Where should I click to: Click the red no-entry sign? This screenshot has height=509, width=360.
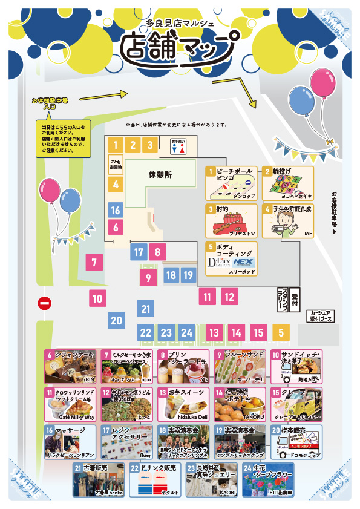pyautogui.click(x=44, y=303)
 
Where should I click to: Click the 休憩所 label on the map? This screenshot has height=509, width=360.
pyautogui.click(x=160, y=174)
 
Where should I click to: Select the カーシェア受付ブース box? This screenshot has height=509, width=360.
pyautogui.click(x=321, y=315)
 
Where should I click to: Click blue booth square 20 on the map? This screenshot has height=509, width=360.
pyautogui.click(x=117, y=321)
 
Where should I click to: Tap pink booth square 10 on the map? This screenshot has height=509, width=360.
pyautogui.click(x=97, y=298)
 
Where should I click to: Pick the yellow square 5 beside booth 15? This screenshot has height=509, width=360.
pyautogui.click(x=281, y=332)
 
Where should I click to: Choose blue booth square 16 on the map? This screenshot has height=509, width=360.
pyautogui.click(x=116, y=211)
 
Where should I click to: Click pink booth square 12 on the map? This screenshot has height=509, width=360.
pyautogui.click(x=229, y=297)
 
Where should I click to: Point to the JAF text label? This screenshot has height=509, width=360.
pyautogui.click(x=307, y=233)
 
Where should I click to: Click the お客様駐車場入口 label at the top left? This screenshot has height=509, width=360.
pyautogui.click(x=52, y=102)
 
